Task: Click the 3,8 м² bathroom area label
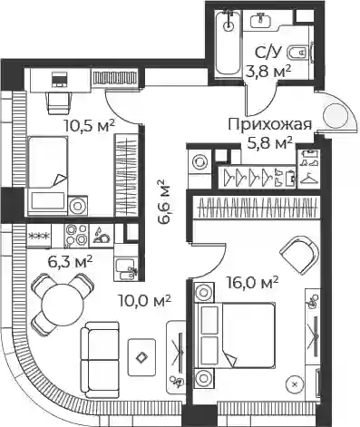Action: pyautogui.click(x=268, y=72)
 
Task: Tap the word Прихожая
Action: pyautogui.click(x=269, y=125)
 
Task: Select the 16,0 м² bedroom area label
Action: pyautogui.click(x=252, y=283)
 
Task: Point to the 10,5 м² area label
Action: pyautogui.click(x=90, y=125)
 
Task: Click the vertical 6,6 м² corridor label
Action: pyautogui.click(x=165, y=202)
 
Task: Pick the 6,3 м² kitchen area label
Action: pyautogui.click(x=70, y=261)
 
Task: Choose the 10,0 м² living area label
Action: pyautogui.click(x=145, y=301)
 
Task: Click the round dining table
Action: pyautogui.click(x=63, y=305)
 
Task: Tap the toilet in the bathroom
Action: pyautogui.click(x=298, y=53)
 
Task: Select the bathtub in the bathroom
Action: pyautogui.click(x=229, y=42)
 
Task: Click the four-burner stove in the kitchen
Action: pyautogui.click(x=75, y=235)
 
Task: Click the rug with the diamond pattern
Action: pyautogui.click(x=141, y=357)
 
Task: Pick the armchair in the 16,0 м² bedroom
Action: pyautogui.click(x=300, y=255)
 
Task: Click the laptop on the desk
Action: pyautogui.click(x=59, y=80)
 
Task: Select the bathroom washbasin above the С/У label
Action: pyautogui.click(x=262, y=20)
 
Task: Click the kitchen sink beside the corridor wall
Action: pyautogui.click(x=124, y=267)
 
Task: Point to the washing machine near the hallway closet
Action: pyautogui.click(x=199, y=162)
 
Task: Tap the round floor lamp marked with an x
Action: pyautogui.click(x=295, y=384)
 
